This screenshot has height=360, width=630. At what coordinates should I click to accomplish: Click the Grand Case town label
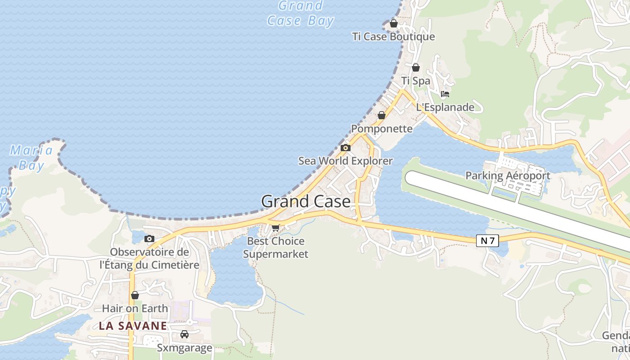click(306, 201)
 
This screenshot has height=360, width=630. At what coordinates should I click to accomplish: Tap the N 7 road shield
click(487, 241)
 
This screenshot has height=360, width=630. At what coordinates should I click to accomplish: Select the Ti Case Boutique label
click(394, 37)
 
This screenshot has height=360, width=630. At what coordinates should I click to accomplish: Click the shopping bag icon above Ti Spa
click(416, 67)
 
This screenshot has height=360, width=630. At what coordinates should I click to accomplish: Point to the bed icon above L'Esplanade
click(445, 94)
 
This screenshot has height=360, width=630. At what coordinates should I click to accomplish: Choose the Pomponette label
click(382, 129)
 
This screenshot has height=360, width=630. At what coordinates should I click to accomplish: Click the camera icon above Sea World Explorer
click(346, 148)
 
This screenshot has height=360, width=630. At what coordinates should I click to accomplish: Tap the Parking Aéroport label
click(508, 175)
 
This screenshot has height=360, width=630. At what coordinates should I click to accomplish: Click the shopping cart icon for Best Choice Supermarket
click(276, 228)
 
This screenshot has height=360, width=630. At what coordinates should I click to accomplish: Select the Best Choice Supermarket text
click(276, 247)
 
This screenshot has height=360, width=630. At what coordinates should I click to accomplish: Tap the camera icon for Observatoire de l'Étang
click(149, 238)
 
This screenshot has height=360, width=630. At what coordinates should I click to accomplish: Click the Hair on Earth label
click(135, 309)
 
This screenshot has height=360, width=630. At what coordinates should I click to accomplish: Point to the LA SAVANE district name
click(133, 326)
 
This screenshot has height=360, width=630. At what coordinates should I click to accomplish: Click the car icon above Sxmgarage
click(184, 334)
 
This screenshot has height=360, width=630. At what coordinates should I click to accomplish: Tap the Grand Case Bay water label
click(301, 13)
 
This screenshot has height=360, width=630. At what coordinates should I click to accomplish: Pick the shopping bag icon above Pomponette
click(382, 115)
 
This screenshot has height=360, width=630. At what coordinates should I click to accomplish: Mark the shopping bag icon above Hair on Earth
click(135, 295)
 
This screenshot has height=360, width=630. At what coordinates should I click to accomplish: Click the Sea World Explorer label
click(346, 161)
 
